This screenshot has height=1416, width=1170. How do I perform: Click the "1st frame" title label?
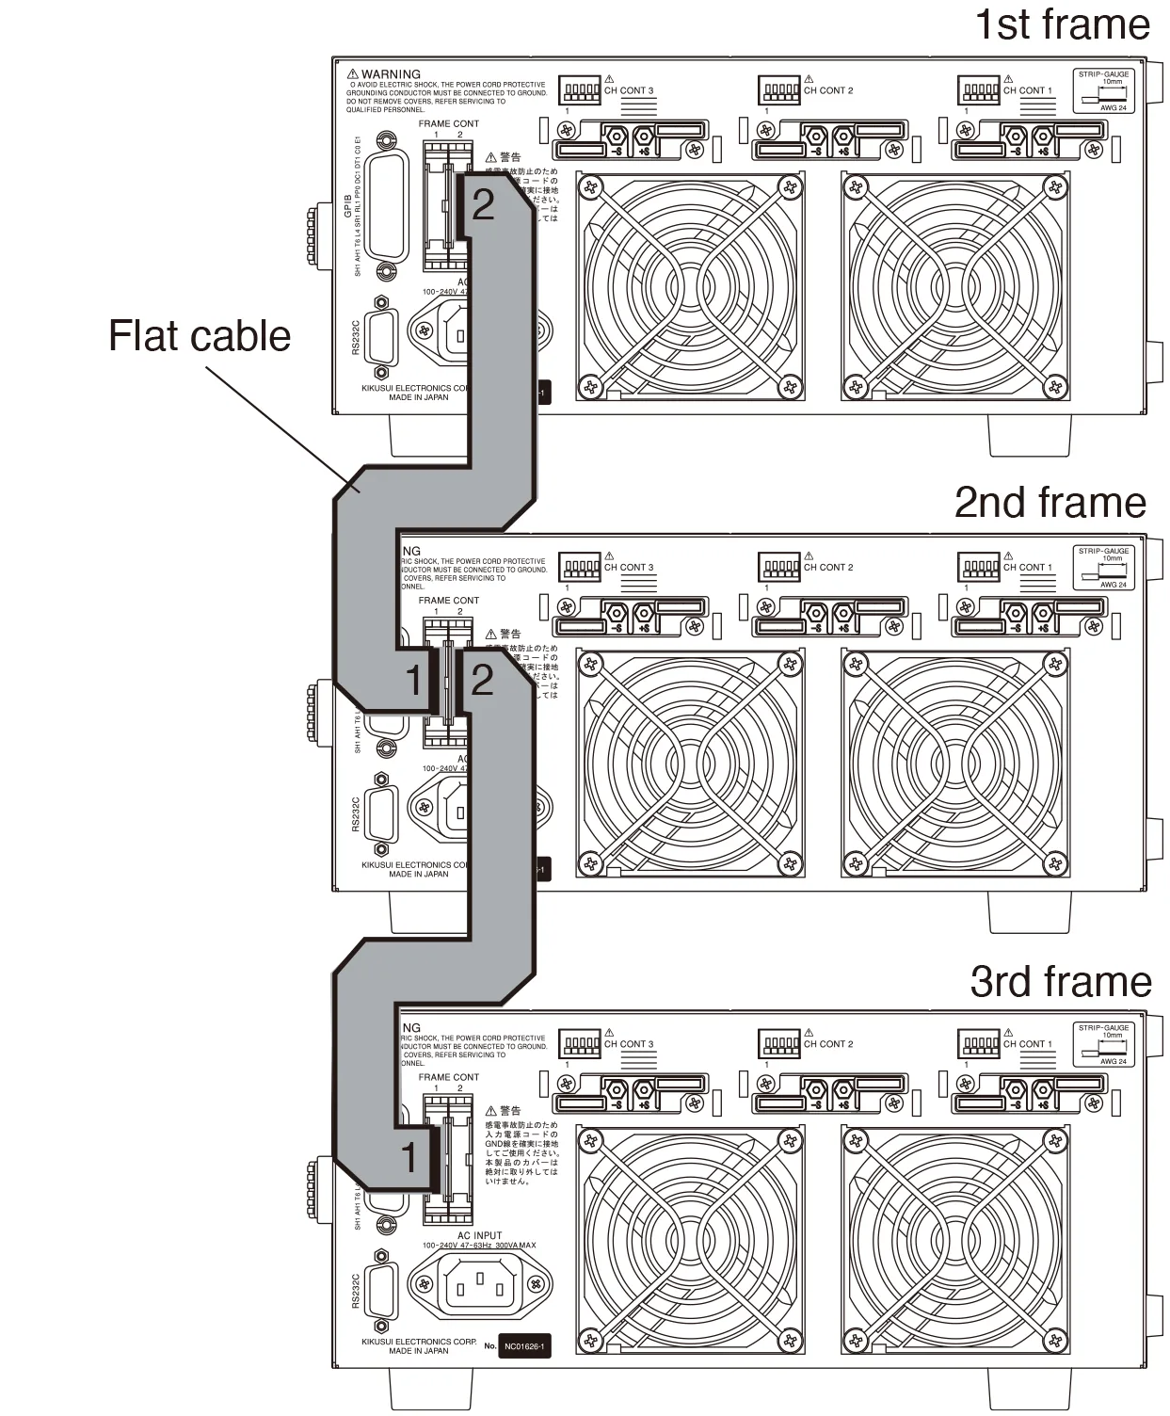click(x=1061, y=24)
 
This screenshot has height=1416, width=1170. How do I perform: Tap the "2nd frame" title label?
click(x=1050, y=503)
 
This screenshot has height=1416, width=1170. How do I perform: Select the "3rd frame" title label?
click(x=1060, y=981)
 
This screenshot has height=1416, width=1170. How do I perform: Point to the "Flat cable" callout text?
click(x=200, y=336)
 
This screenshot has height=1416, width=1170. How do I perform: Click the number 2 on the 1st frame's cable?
click(x=483, y=204)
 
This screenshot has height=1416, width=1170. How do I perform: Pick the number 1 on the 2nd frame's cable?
click(x=413, y=680)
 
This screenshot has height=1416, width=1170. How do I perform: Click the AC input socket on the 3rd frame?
click(x=479, y=1284)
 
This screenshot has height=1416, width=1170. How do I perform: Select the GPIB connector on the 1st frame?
click(x=388, y=207)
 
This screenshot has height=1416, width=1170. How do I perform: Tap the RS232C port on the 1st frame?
click(x=381, y=335)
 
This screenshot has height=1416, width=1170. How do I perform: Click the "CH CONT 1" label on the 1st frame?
click(x=1027, y=91)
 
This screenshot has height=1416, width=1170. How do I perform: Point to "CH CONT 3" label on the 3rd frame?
click(x=628, y=1044)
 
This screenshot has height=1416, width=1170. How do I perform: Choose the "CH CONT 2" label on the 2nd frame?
click(x=827, y=568)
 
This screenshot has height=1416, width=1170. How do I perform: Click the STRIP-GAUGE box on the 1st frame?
click(x=1103, y=90)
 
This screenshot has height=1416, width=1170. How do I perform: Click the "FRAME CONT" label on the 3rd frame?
click(x=448, y=1077)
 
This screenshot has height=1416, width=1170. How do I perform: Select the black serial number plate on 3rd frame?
click(x=523, y=1346)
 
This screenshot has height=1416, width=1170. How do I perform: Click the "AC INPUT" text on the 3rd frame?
click(x=479, y=1235)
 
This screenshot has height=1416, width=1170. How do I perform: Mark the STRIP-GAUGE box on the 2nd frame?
click(x=1103, y=568)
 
